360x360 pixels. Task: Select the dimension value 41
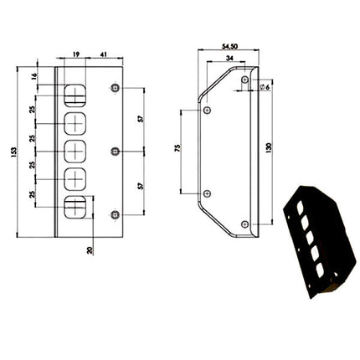click(103, 53)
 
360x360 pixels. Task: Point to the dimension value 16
click(34, 75)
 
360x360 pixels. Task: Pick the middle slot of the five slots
click(75, 151)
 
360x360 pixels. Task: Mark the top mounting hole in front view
click(115, 87)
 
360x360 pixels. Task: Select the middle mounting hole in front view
click(115, 151)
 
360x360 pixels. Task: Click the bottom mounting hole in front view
click(115, 214)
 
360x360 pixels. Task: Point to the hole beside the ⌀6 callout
click(244, 80)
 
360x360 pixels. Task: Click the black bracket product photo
click(319, 242)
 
